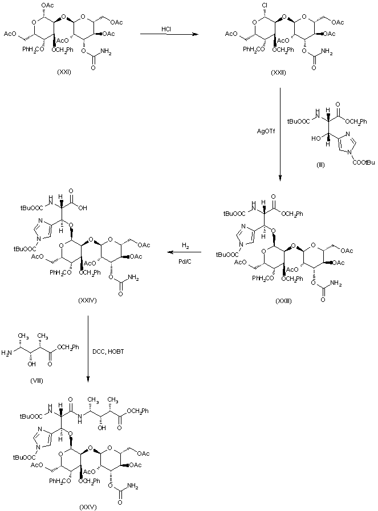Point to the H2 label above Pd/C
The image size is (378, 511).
186,244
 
